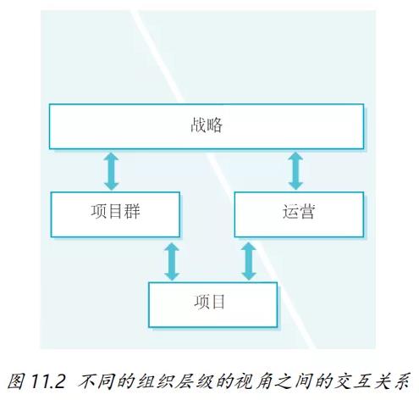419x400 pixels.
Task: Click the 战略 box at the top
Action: [x=207, y=126]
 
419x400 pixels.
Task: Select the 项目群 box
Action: [x=115, y=214]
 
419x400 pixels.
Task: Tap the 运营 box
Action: [x=299, y=214]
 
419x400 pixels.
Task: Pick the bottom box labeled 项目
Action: [x=212, y=304]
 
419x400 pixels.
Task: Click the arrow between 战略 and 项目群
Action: [x=111, y=171]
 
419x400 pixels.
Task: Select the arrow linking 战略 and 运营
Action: [x=295, y=171]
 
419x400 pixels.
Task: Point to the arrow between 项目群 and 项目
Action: [x=172, y=262]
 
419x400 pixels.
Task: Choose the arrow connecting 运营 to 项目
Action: [x=249, y=262]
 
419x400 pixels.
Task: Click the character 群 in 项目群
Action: [x=132, y=211]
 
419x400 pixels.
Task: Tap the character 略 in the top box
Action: [x=214, y=125]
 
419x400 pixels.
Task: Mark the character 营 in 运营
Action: [x=306, y=211]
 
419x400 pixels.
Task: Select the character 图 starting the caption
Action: [x=17, y=381]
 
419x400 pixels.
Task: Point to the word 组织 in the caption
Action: [x=155, y=381]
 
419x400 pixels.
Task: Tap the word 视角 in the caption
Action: [x=256, y=381]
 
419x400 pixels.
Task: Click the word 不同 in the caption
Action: [x=96, y=381]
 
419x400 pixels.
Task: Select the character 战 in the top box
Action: [x=198, y=125]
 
